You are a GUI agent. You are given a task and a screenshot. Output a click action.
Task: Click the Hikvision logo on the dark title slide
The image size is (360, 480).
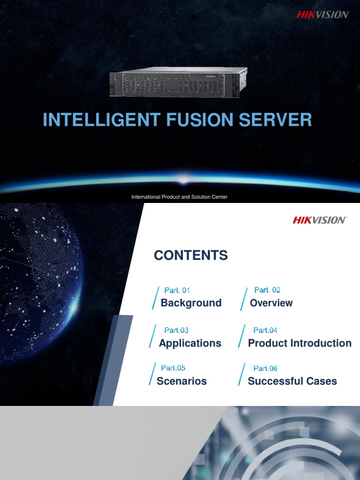point(322,15)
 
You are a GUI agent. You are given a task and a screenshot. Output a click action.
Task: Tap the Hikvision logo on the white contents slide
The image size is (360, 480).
point(320,220)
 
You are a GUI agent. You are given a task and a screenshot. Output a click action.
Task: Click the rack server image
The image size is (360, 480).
point(178,83)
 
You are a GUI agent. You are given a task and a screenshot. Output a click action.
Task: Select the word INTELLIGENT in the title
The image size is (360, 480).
point(101,120)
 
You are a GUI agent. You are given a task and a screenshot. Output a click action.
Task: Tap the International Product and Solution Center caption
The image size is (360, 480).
point(180,197)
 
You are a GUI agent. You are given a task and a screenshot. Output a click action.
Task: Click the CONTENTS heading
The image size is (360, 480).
point(191,255)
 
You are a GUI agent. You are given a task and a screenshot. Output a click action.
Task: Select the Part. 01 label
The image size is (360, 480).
point(177,291)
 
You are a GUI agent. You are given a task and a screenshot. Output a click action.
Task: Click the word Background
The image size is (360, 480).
point(191,303)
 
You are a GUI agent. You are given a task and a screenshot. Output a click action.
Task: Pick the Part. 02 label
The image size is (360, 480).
point(267,290)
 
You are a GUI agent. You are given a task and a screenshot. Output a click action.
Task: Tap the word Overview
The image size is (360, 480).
point(271,303)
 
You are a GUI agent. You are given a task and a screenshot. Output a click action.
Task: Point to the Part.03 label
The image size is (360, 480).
point(176,330)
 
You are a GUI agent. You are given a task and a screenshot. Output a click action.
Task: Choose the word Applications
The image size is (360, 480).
point(190,343)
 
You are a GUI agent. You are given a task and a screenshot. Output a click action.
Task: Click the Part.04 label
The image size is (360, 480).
point(265,330)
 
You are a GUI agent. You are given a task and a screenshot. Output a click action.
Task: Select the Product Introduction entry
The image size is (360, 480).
point(300,343)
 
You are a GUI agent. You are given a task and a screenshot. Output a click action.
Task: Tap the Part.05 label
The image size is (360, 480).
point(173,368)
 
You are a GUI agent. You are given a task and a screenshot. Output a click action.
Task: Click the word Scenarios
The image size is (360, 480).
point(181,381)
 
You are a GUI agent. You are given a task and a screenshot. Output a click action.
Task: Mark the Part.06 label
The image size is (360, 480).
point(265,368)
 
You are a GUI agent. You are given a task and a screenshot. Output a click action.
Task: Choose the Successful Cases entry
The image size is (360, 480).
point(292,381)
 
